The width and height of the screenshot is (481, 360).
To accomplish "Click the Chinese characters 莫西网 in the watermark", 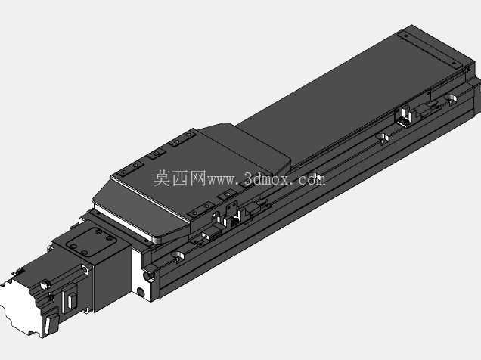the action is pyautogui.click(x=180, y=178).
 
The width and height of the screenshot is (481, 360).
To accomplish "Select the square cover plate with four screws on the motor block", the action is pyautogui.click(x=91, y=243).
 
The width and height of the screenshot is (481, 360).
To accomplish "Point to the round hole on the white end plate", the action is pyautogui.click(x=141, y=291).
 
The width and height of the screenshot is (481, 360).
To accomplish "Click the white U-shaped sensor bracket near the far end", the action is pyautogui.click(x=405, y=116).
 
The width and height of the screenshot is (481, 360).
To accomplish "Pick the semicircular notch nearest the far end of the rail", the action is pyautogui.click(x=451, y=99).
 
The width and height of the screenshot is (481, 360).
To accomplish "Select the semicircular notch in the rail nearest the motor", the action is pyautogui.click(x=178, y=256).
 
